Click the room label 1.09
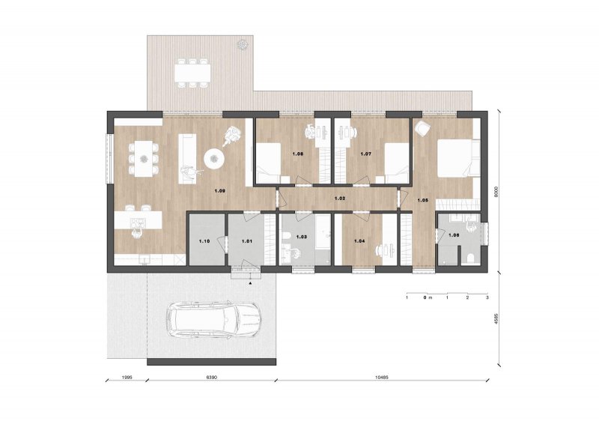click(219, 190)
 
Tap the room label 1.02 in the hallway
click(340, 199)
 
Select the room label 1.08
click(297, 154)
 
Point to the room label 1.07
click(366, 154)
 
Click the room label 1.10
click(204, 241)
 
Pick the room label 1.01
click(247, 241)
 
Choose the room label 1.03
click(302, 237)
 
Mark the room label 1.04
click(359, 241)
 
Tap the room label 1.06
click(454, 235)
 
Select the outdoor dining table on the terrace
click(192, 73)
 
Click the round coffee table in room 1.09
click(214, 158)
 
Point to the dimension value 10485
click(382, 377)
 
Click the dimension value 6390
click(212, 377)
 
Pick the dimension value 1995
click(127, 377)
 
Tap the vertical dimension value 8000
click(496, 192)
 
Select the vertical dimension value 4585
click(496, 319)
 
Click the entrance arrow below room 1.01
click(250, 284)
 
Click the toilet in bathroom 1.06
click(471, 258)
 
